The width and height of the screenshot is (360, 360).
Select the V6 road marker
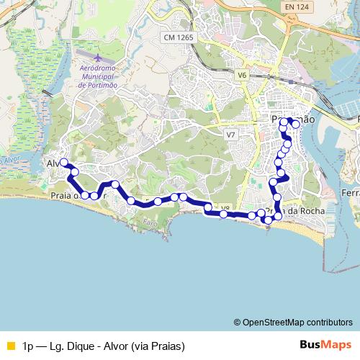pyautogui.click(x=241, y=74)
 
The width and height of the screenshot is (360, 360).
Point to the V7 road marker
pyautogui.click(x=230, y=135)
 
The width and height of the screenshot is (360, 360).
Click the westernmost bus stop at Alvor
pyautogui.click(x=64, y=162)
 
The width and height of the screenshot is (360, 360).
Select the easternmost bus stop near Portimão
pyautogui.click(x=295, y=125)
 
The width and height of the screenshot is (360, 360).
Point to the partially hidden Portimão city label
pyautogui.click(x=293, y=119)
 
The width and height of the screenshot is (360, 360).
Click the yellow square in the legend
pyautogui.click(x=9, y=346)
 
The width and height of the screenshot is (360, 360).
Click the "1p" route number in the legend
pyautogui.click(x=29, y=346)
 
